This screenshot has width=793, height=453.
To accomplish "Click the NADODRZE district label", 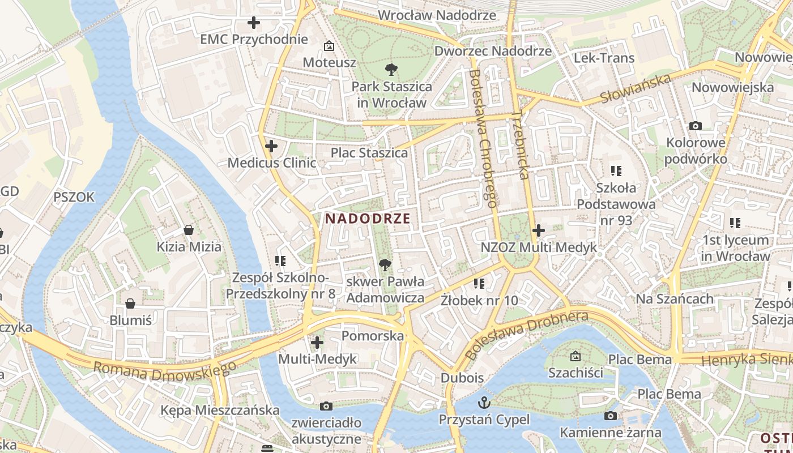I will point(368,219).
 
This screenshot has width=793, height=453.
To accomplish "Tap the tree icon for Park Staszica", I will point(390,70).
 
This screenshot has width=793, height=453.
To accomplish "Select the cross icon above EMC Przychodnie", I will point(254,23).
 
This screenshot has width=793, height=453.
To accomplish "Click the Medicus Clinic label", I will point(272,163).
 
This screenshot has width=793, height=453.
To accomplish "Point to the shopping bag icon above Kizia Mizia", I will point(189,230).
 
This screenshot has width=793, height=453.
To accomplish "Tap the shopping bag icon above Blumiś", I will point(130,304).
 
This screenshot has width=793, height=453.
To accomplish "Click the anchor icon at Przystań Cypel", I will point(484,403).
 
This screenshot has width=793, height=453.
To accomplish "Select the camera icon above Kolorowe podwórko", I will point(696,126).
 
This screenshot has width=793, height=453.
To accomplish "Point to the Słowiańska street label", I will point(636,89).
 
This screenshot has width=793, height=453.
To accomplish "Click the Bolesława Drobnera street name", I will point(527,334).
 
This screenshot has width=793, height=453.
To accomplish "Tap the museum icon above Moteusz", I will point(329,45).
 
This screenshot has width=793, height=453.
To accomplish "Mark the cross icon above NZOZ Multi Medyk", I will point(538,230).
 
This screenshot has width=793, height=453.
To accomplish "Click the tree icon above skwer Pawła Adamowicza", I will point(385,264).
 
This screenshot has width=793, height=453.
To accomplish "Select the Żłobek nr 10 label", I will point(479,301).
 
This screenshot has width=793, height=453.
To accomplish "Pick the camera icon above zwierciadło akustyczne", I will point(326,406).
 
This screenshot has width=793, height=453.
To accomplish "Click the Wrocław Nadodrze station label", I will point(437,15).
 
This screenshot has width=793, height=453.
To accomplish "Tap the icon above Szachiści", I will point(575,356).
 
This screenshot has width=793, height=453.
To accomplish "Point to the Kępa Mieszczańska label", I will point(220,410).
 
